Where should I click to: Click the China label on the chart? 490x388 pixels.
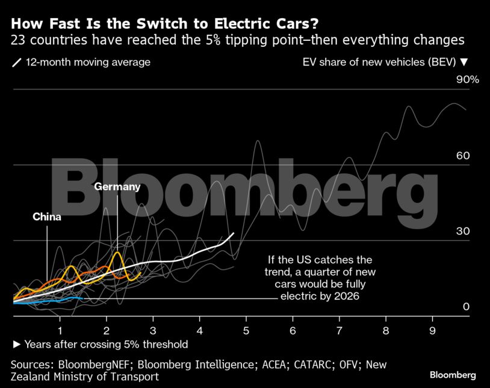[47, 217]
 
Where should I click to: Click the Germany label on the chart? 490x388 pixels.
[117, 186]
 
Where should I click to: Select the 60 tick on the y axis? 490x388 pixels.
[462, 156]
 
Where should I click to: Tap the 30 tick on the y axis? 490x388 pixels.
[462, 232]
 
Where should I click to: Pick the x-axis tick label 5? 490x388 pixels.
[246, 330]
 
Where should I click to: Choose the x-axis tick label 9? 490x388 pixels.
[432, 330]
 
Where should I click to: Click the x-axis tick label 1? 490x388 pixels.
[60, 330]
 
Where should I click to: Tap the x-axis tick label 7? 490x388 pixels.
[339, 330]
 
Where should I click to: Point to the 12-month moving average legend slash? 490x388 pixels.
[16, 63]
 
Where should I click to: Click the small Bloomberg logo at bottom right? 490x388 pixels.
[453, 375]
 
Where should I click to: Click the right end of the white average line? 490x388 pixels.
[234, 233]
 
